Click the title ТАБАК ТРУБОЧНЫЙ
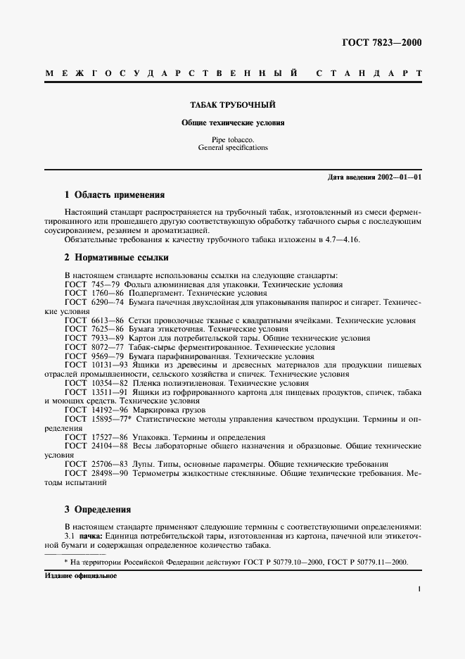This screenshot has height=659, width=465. (232, 105)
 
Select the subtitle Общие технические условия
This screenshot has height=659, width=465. (232, 122)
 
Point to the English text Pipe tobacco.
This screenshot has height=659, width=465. (232, 140)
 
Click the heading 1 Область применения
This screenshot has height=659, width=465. (114, 194)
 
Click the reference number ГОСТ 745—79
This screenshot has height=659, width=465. (94, 284)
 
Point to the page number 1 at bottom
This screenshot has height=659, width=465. (419, 591)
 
